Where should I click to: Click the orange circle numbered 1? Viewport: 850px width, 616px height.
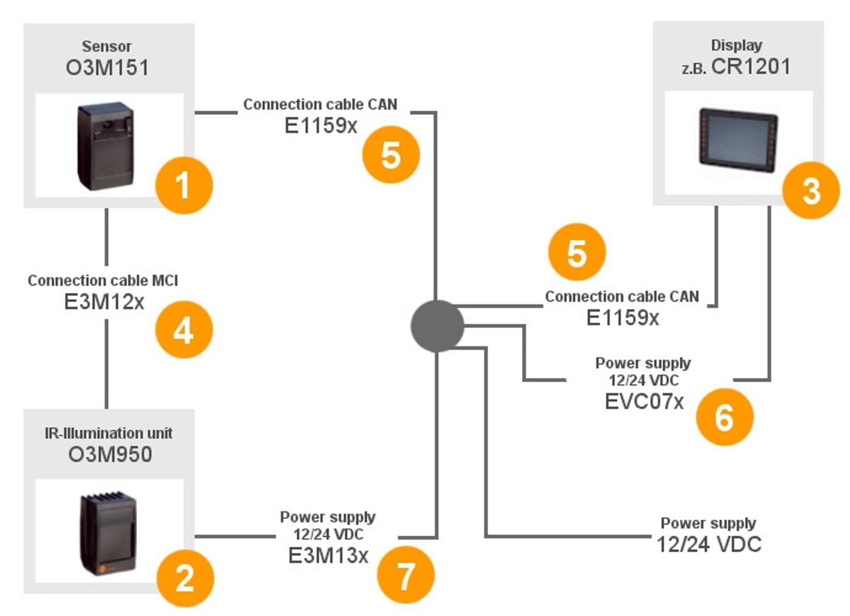pos(184,185)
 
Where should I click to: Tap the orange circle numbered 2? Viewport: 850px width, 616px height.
pos(185,577)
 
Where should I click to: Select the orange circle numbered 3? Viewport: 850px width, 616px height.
pos(811,191)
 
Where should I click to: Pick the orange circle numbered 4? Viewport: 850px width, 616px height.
pos(184,330)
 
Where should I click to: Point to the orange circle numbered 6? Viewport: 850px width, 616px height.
pos(724,417)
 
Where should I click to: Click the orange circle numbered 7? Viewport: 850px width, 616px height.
pos(406,575)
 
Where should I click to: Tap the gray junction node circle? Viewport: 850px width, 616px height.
pos(437,326)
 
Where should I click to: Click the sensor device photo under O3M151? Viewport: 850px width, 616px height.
pos(106,146)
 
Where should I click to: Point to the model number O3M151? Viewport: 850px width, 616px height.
pos(107,67)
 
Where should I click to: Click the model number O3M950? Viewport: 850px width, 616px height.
pos(110,454)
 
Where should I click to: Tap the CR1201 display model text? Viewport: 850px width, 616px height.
pos(750,66)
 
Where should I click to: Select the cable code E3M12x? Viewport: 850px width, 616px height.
pos(104,302)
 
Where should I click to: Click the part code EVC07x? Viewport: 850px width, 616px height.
pos(644,402)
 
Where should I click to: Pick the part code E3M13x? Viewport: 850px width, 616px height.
pos(328,555)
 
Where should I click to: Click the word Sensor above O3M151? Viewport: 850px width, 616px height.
pos(107,46)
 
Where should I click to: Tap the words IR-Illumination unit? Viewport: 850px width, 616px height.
pos(109,433)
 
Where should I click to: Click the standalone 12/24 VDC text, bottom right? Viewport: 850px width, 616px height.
pos(709,544)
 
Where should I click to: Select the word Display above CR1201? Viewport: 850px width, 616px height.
pos(736,45)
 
